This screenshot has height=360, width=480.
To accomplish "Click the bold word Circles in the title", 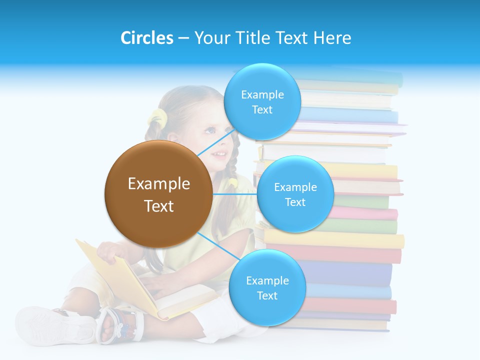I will pos(146,38).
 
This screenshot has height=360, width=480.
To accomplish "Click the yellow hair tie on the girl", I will pos(157,118).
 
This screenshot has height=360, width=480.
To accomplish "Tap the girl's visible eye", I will pos(210,130).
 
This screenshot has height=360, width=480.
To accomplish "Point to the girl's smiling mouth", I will pos(219,153).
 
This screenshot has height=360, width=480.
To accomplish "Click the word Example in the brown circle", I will pos(158,184).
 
